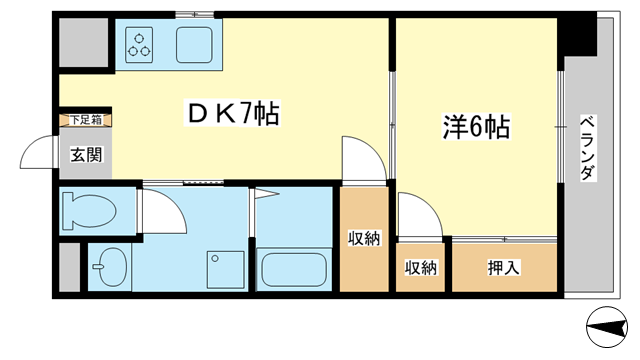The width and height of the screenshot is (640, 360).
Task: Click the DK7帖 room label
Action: coord(233,113)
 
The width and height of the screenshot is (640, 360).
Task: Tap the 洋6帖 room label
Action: coord(476,127)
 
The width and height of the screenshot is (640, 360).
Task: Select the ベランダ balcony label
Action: coord(587,148)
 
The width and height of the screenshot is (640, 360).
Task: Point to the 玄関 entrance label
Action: coord(86,155)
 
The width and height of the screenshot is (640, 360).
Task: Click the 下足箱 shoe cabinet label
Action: coord(85,120)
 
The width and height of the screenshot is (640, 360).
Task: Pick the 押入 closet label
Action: coord(504,267)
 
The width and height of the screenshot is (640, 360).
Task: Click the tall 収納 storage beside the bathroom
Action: coord(364,238)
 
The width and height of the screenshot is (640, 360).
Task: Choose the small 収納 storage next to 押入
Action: coord(420,267)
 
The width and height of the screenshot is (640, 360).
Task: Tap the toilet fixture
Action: coord(89,211)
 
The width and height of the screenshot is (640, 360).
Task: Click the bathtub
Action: coord(294,270)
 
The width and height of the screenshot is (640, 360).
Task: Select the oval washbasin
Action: coord(111,267)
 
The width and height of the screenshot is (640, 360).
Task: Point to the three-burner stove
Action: coord(139,45)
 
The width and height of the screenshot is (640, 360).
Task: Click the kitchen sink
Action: coord(194,45)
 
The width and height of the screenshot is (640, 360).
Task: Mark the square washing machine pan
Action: coord(225,270)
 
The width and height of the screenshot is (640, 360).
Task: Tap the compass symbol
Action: coord(607,327)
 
